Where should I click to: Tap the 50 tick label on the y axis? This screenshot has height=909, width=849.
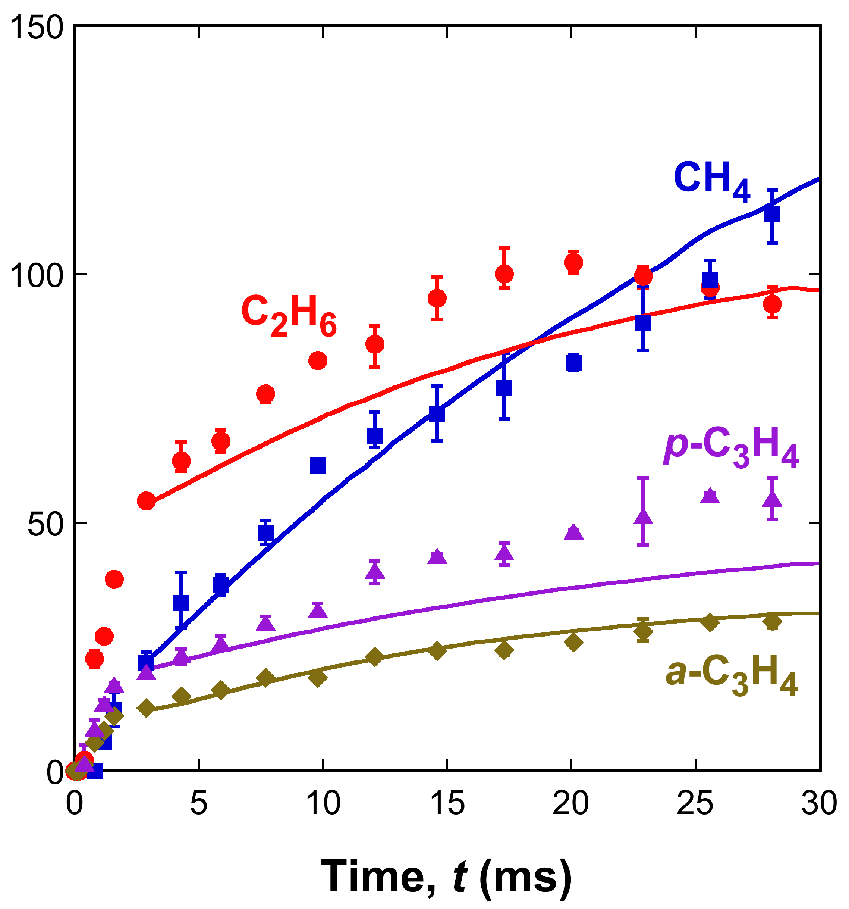(45, 523)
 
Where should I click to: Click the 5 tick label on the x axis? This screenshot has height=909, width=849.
(199, 803)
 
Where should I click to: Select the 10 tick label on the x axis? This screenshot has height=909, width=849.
(323, 803)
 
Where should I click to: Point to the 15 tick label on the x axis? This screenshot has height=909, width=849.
(447, 803)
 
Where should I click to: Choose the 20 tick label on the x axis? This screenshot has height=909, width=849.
(571, 803)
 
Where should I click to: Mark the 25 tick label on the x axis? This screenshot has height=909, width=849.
(695, 803)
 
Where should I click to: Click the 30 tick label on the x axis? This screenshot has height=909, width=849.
(819, 803)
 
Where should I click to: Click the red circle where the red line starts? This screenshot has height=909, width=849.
(146, 501)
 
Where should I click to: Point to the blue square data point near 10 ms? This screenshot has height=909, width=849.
(318, 465)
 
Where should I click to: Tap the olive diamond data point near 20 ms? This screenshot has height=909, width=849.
(573, 642)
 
